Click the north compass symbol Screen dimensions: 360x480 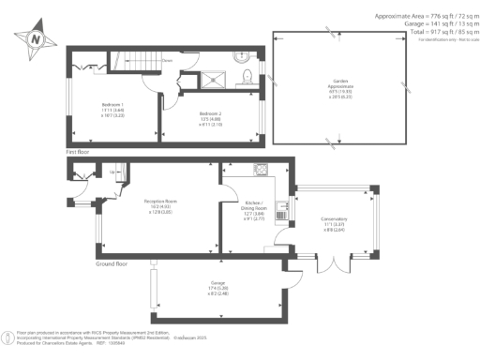coord(35,38)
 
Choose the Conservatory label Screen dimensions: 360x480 coord(335,222)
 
